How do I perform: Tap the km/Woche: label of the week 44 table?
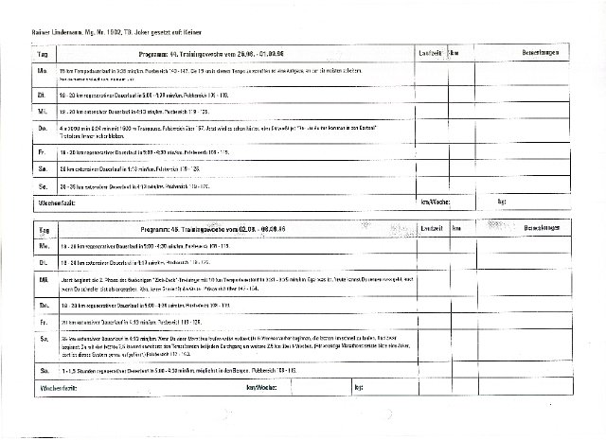436,203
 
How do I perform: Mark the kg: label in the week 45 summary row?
359,386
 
